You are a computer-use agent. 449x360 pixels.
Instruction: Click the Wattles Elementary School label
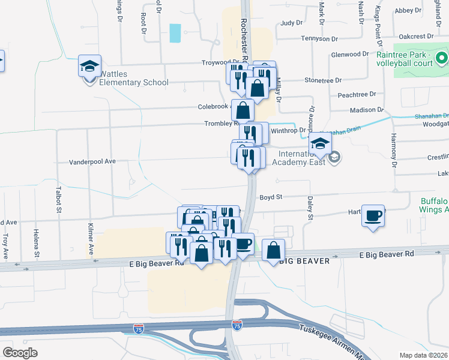click(x=134, y=78)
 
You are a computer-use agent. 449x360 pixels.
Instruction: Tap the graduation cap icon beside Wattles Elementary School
click(x=89, y=67)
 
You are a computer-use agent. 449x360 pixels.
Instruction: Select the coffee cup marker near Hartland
click(x=373, y=216)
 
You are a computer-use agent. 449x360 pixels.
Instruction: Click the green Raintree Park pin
click(x=441, y=58)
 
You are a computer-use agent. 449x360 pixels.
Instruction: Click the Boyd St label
click(x=271, y=197)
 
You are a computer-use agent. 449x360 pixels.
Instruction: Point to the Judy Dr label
click(x=291, y=23)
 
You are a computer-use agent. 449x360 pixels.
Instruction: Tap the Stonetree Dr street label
click(x=323, y=80)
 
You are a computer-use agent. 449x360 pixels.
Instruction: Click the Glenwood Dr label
click(x=349, y=54)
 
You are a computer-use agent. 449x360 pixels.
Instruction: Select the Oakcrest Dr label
click(x=424, y=35)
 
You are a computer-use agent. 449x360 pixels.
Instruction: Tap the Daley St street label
click(x=310, y=208)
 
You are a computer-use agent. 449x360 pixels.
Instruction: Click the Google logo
click(x=20, y=352)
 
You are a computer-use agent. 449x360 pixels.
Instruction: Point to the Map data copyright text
click(x=424, y=355)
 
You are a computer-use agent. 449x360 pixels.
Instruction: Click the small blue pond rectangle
click(x=175, y=33)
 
